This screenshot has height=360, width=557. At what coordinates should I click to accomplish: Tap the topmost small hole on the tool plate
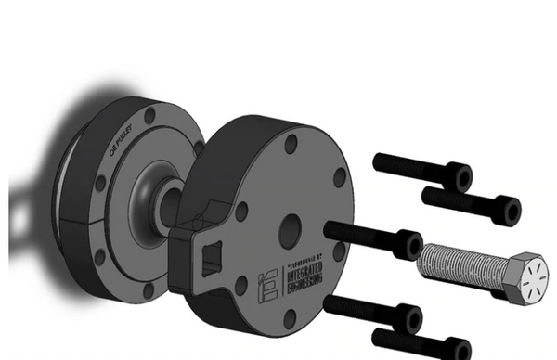[x=291, y=144]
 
